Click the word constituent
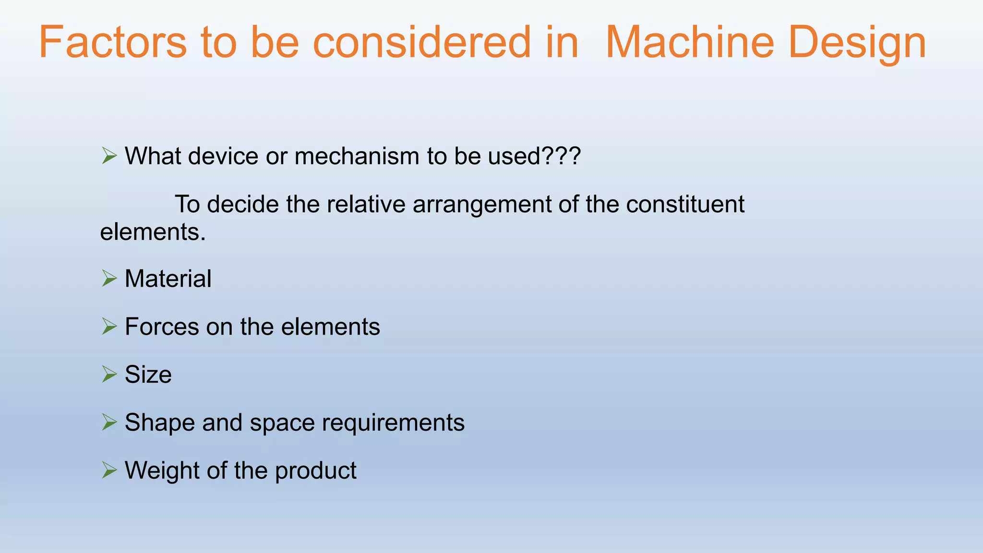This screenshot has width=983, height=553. coord(685,204)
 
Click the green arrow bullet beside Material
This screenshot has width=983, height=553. coord(109,278)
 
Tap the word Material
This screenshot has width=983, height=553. coord(168,278)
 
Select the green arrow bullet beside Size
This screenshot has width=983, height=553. coord(109,374)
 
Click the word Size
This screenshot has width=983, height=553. coord(148,374)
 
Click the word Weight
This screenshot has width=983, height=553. coord(162,470)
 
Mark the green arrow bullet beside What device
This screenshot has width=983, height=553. coord(109,156)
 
